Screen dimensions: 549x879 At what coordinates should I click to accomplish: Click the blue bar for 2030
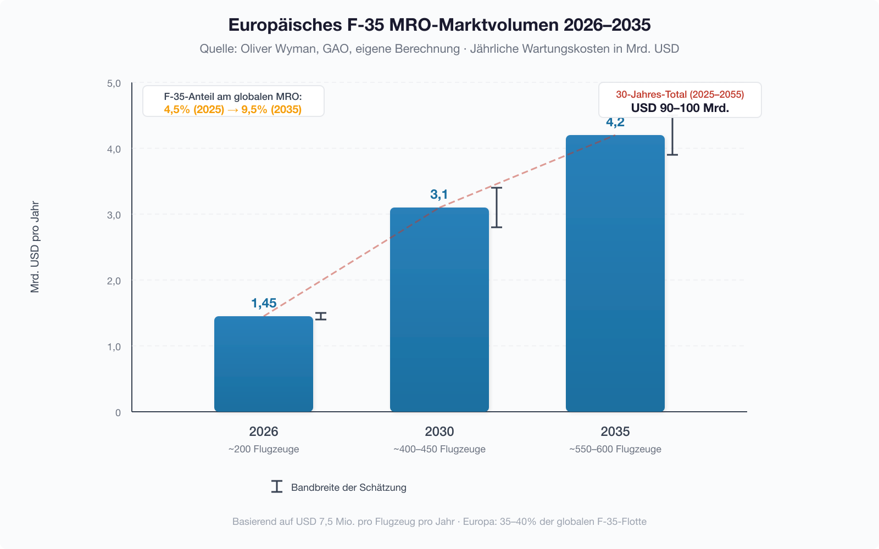point(439,310)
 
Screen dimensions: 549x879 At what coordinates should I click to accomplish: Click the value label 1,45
point(264,303)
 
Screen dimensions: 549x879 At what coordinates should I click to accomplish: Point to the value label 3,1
point(439,194)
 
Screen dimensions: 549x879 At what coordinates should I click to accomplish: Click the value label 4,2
point(615,122)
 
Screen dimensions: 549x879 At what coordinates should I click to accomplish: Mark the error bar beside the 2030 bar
point(497,208)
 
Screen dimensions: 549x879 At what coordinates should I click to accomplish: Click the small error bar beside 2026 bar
point(321,316)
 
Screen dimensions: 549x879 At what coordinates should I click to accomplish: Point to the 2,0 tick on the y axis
point(114,281)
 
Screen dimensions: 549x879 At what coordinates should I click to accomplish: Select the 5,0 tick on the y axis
point(114,83)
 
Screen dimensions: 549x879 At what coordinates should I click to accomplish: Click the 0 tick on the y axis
point(118,413)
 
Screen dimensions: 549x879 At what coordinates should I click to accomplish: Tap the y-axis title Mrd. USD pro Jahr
point(35,247)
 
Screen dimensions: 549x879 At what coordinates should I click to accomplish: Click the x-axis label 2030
point(439,432)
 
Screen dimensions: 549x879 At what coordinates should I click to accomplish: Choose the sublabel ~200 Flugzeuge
point(264,449)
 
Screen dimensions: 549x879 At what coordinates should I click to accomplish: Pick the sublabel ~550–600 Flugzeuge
point(615,449)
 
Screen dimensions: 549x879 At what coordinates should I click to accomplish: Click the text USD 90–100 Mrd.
point(680,108)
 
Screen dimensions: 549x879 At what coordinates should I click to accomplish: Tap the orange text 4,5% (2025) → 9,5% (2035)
point(233,110)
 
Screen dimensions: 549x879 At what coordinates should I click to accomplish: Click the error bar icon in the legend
point(277,486)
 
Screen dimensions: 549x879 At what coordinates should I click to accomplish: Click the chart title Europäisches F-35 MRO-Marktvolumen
point(439,25)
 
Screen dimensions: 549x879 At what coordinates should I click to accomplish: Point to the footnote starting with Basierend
point(439,522)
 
